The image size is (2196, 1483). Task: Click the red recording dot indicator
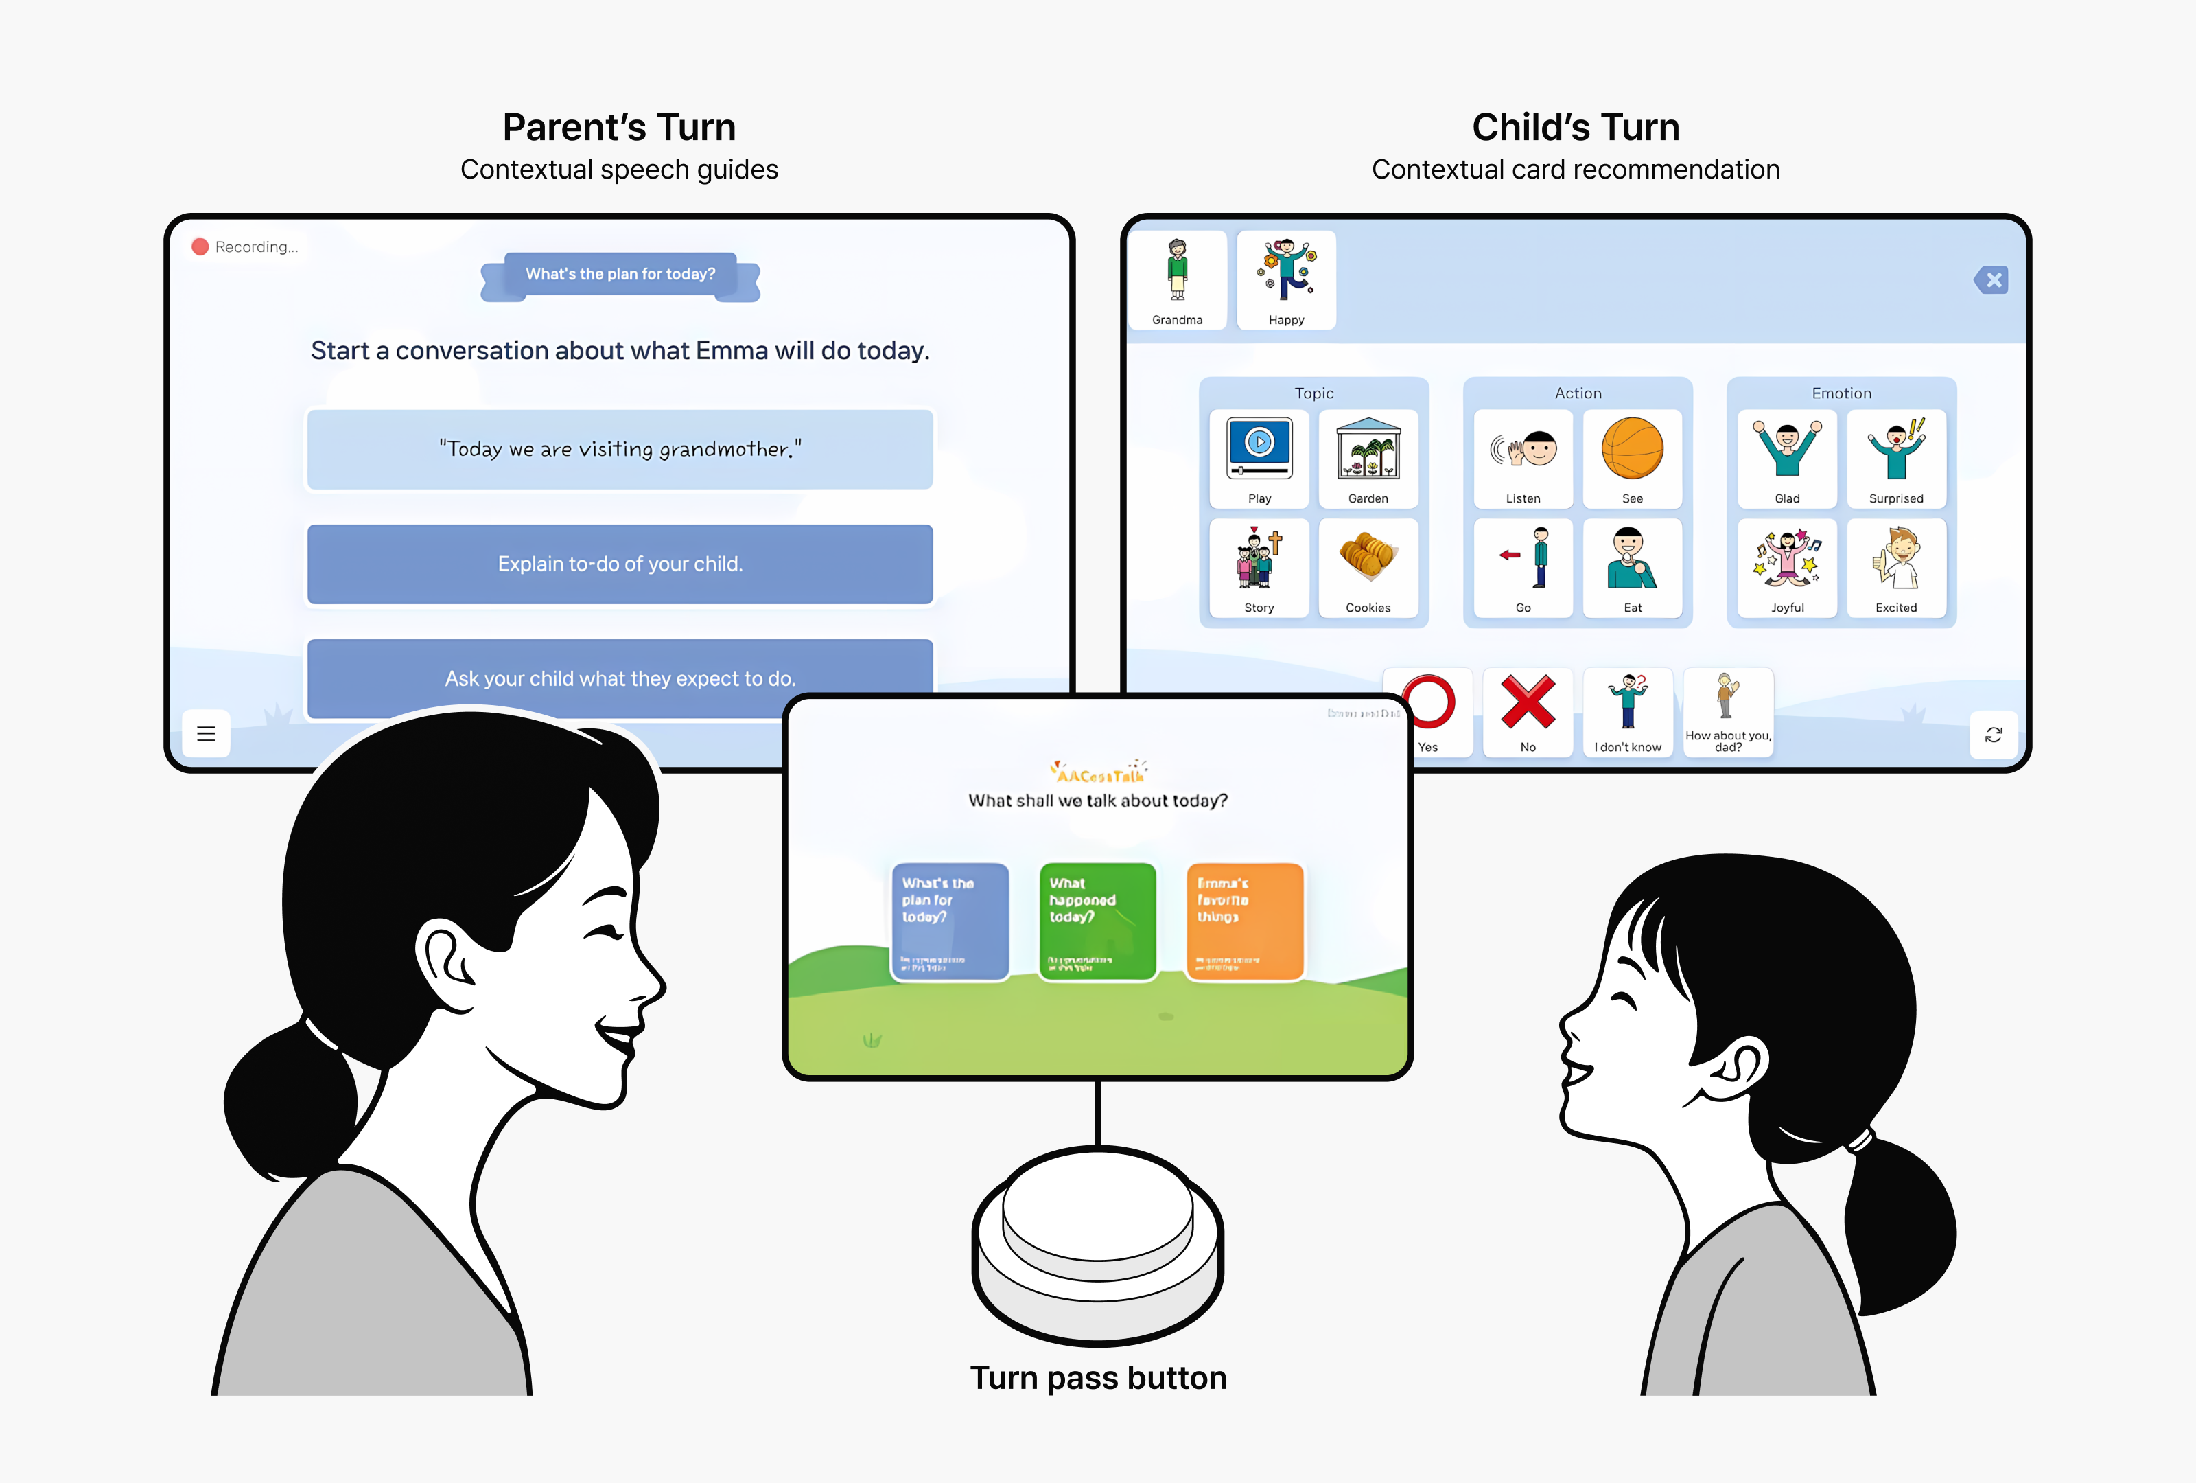coord(200,246)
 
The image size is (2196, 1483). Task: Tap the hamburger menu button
coord(206,733)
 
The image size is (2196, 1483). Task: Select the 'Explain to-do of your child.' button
coord(620,564)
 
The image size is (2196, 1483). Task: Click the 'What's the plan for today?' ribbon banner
coord(620,274)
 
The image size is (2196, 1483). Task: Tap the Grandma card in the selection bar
coord(1178,279)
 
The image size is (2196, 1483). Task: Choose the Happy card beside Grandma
coord(1286,279)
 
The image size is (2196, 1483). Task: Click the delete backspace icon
coord(1992,279)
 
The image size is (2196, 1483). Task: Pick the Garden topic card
coord(1368,459)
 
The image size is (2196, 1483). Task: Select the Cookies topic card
coord(1368,568)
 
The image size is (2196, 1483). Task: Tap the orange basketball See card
coord(1632,459)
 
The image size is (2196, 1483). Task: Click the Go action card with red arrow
coord(1523,568)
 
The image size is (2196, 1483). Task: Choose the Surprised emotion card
coord(1895,459)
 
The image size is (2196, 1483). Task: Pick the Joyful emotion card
coord(1787,568)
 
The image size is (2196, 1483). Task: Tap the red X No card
coord(1528,711)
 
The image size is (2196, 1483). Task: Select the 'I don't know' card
coord(1627,711)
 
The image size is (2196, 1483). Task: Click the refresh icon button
coord(1994,735)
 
